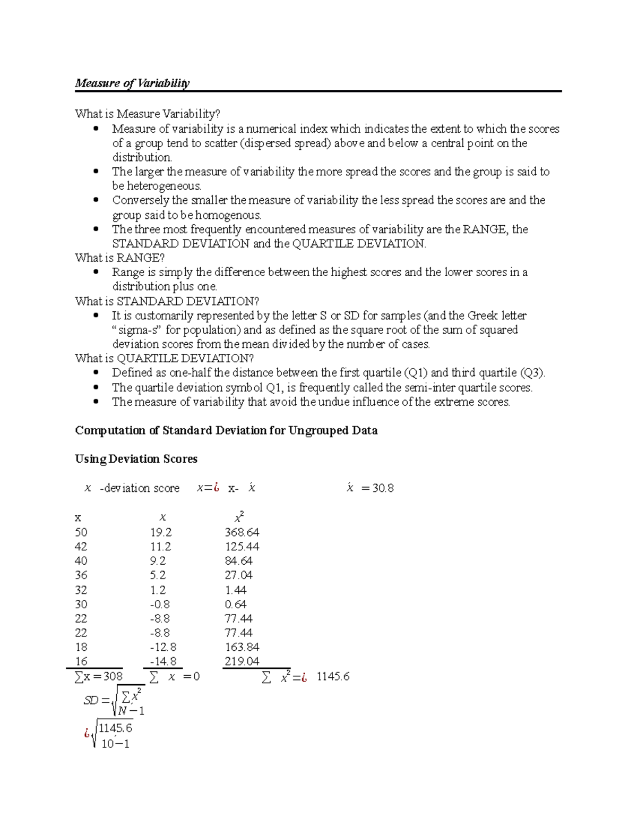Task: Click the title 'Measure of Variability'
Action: (x=132, y=83)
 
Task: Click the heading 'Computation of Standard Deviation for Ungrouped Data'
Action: (x=226, y=430)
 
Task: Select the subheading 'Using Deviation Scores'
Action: (x=136, y=459)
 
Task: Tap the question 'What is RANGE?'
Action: (x=120, y=258)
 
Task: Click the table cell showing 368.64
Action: (x=242, y=532)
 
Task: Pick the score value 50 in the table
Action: (x=81, y=532)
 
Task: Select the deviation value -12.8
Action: (x=163, y=648)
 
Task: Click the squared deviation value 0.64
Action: (x=235, y=605)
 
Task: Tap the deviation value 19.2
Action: (x=161, y=532)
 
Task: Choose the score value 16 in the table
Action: (x=81, y=662)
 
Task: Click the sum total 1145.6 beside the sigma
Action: (x=333, y=677)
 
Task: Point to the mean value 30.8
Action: (x=383, y=488)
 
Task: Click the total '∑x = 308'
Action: (x=99, y=677)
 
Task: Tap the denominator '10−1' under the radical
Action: (x=115, y=744)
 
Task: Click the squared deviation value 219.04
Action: (x=242, y=662)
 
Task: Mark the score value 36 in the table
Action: (x=81, y=575)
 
